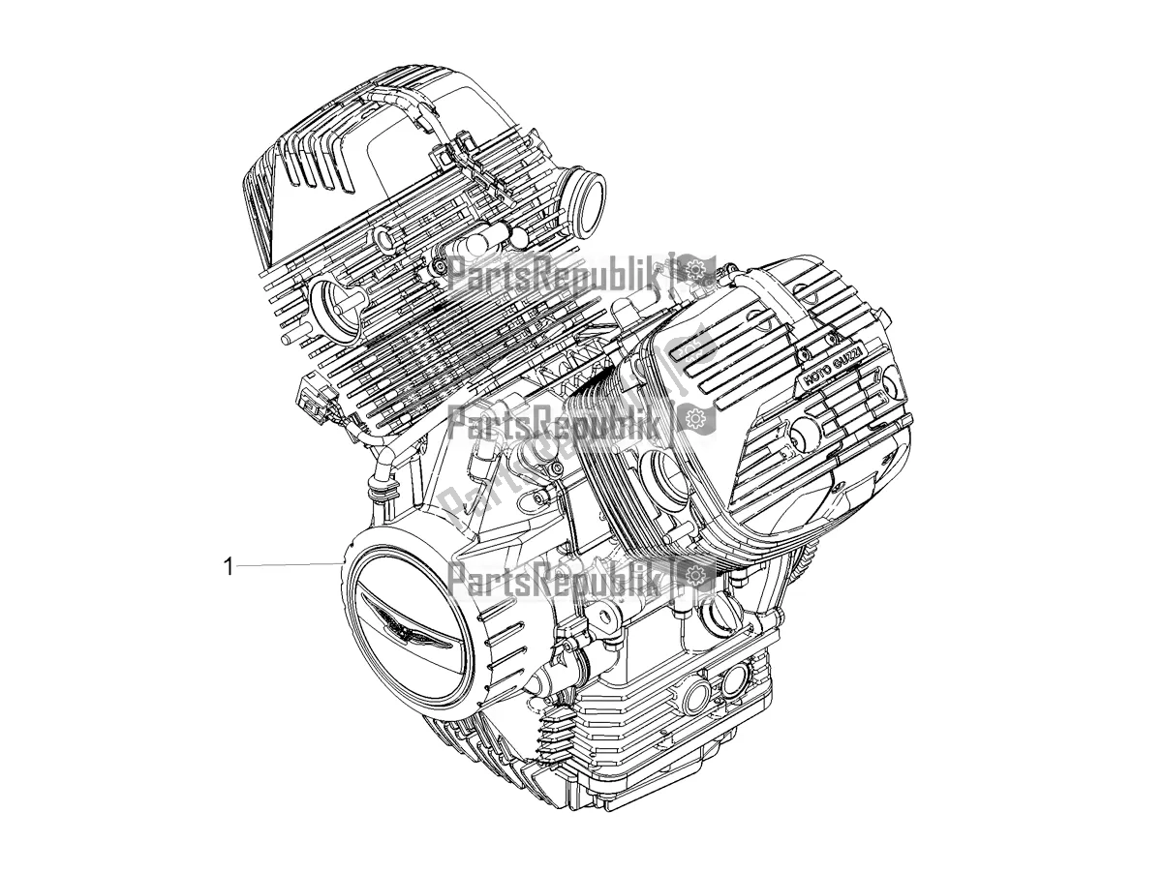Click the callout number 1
pos(229,567)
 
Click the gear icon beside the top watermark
pos(694,272)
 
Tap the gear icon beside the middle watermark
pos(694,418)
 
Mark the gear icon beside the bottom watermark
pos(694,580)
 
